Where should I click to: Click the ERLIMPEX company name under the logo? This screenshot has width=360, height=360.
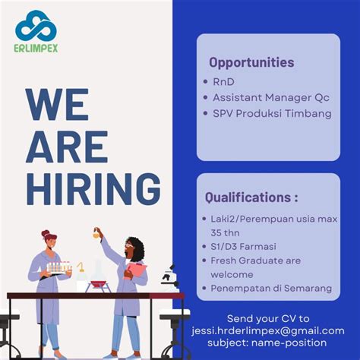tap(36, 48)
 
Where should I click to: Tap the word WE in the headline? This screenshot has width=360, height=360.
tap(57, 105)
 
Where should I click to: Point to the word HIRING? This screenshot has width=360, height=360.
tap(93, 188)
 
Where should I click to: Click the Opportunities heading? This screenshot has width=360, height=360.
tap(251, 62)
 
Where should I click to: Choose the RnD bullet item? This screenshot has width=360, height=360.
tap(225, 81)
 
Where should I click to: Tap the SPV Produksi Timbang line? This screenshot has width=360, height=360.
tap(272, 114)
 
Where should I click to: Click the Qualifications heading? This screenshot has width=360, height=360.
tap(251, 197)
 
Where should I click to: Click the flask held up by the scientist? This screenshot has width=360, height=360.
tap(97, 235)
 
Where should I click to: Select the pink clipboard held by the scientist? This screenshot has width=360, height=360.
tap(137, 270)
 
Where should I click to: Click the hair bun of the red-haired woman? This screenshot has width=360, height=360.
tap(46, 234)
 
